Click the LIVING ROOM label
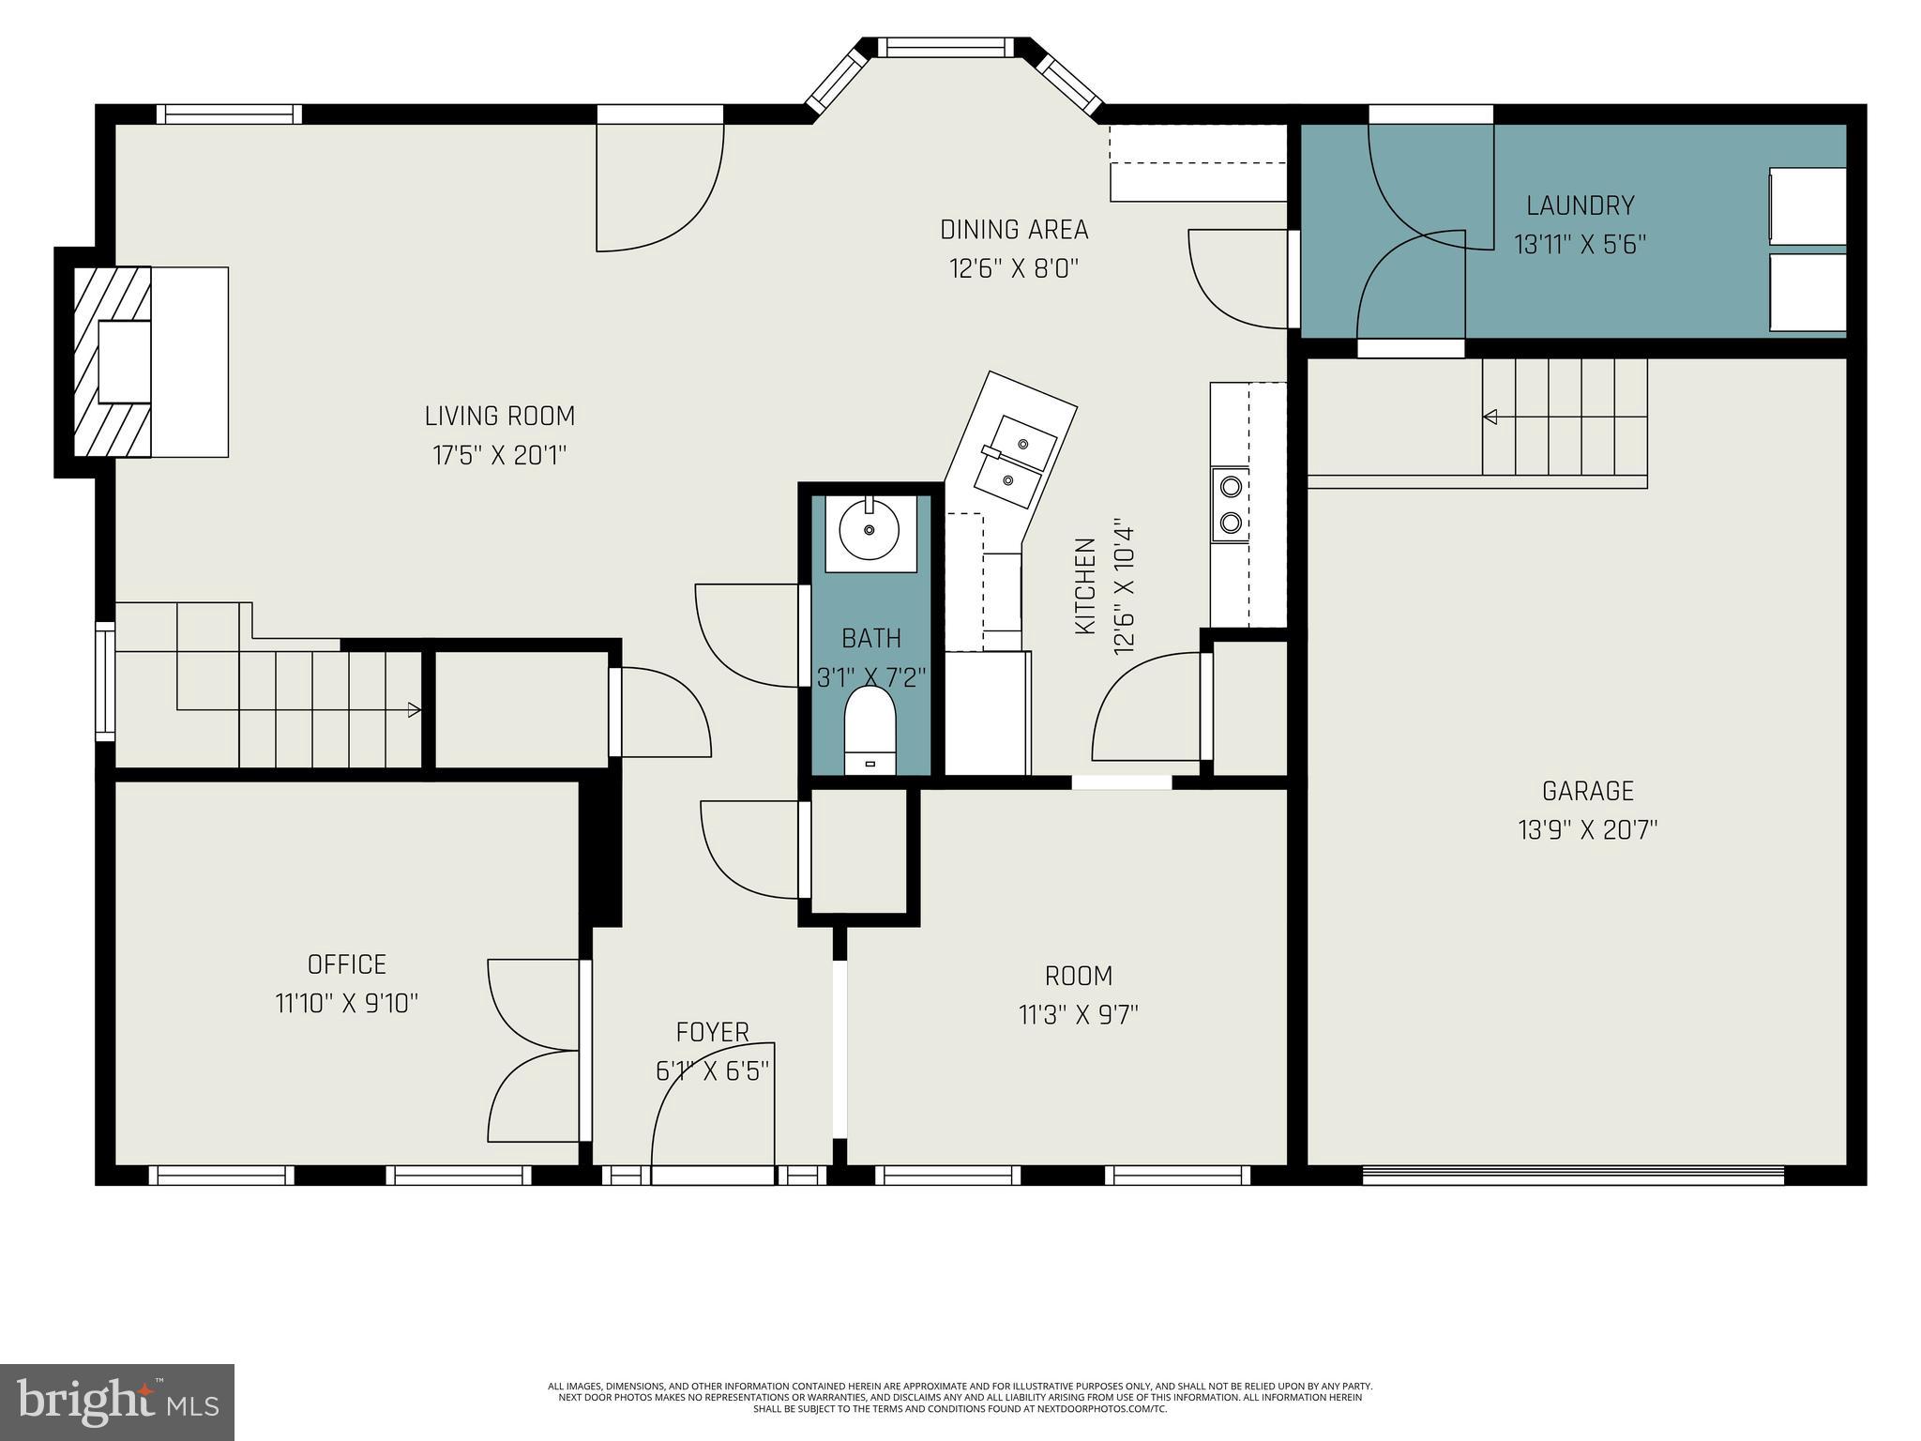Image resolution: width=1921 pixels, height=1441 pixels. point(499,416)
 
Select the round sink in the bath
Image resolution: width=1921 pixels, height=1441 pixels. point(870,530)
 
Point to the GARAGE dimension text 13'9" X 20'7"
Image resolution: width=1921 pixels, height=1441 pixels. point(1587,830)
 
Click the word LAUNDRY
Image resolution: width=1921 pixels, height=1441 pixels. point(1580,205)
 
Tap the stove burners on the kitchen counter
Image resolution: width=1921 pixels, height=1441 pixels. point(1230,505)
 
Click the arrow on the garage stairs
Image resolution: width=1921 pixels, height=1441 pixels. point(1490,417)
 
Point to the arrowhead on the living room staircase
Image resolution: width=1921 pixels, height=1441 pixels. point(414,710)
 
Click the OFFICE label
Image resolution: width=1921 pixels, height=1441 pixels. point(346,964)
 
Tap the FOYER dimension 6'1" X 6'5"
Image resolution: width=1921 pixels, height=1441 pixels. point(712,1070)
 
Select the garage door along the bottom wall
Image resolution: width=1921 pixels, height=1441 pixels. point(1572,1175)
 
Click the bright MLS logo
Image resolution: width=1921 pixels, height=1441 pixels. point(117,1402)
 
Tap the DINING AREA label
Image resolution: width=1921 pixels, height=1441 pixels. point(1014,229)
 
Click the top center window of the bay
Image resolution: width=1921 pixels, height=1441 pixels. point(945,47)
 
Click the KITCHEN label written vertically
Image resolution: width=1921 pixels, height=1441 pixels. point(1085,585)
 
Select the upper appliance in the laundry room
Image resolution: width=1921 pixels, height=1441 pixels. point(1807,206)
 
